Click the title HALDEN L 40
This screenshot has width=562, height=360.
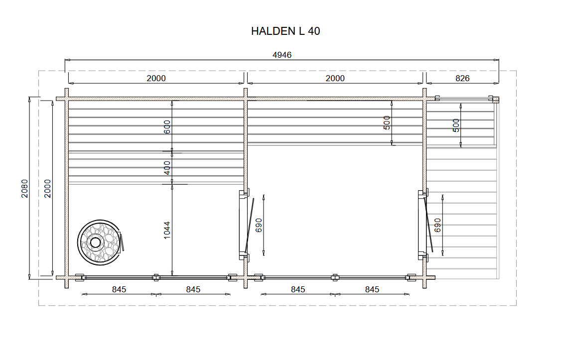pyautogui.click(x=285, y=31)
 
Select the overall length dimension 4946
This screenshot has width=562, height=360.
pyautogui.click(x=282, y=55)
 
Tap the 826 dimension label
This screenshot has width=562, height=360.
pyautogui.click(x=462, y=78)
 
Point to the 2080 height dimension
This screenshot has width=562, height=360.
pyautogui.click(x=24, y=188)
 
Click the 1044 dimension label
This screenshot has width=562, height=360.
pyautogui.click(x=167, y=231)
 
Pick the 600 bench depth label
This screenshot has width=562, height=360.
pyautogui.click(x=167, y=127)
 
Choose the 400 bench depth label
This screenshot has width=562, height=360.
pyautogui.click(x=167, y=168)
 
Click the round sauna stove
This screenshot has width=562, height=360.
pyautogui.click(x=100, y=242)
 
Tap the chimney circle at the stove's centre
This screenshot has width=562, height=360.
pyautogui.click(x=95, y=242)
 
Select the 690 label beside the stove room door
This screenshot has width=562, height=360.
pyautogui.click(x=259, y=226)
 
